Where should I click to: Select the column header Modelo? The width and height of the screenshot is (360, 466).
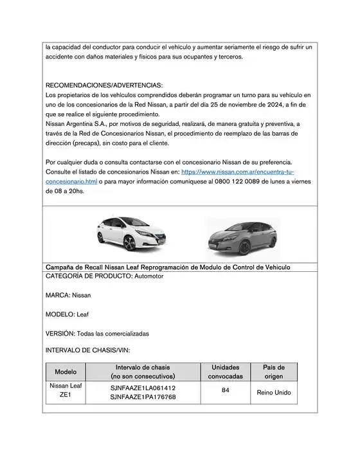(x=66, y=372)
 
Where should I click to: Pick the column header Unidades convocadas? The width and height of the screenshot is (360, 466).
(x=226, y=372)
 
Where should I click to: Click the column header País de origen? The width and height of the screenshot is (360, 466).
(x=274, y=372)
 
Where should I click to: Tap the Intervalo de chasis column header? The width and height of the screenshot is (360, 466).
(x=143, y=372)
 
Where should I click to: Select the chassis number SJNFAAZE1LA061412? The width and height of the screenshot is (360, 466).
(x=143, y=388)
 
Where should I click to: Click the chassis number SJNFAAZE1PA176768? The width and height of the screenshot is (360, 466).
(x=143, y=397)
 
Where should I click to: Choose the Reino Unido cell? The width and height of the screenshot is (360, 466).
(x=274, y=392)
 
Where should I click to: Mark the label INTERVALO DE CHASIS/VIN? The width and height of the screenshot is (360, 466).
(x=87, y=351)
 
